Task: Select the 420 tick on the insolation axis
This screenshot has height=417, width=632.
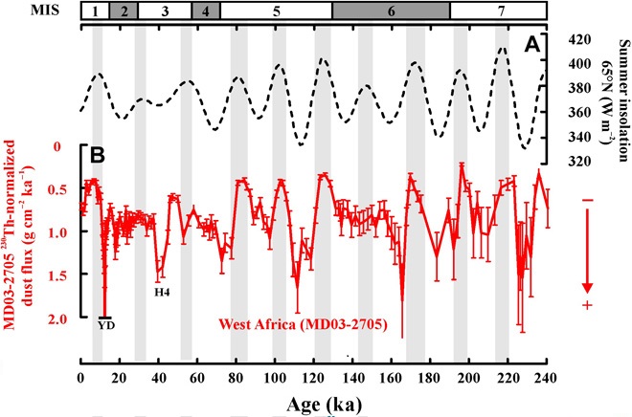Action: pos(563,40)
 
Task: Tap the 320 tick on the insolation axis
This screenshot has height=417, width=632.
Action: pos(563,161)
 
